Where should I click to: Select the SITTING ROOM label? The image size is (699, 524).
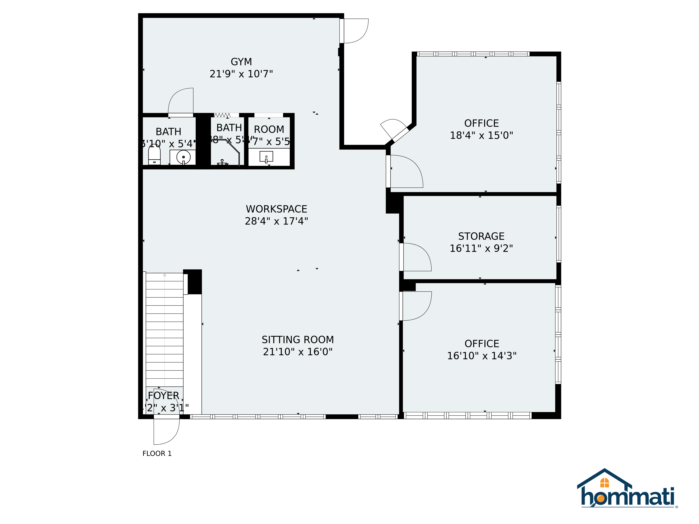(297, 340)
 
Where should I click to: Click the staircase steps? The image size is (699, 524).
(164, 329)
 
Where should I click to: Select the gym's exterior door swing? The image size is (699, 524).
(355, 31)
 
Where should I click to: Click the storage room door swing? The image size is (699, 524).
(416, 257)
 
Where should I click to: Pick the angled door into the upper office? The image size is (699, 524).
(393, 128)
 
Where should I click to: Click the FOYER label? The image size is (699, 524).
(163, 395)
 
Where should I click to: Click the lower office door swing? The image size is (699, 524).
(416, 306)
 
